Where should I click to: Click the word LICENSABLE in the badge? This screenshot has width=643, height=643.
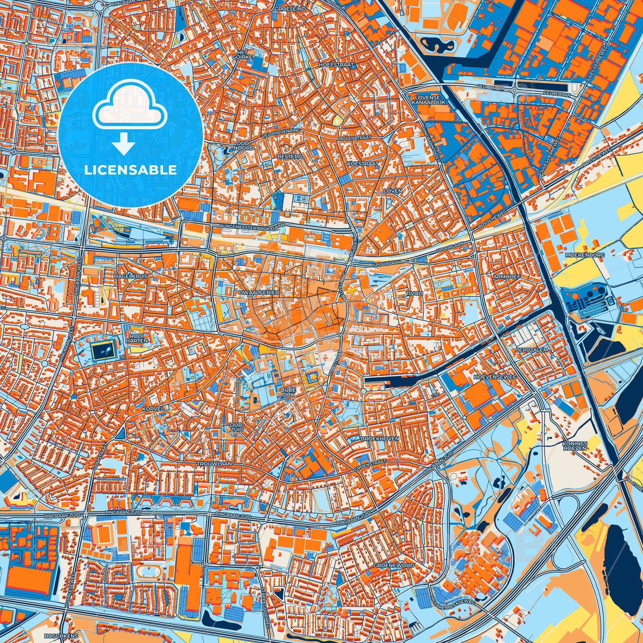(x=131, y=170)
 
